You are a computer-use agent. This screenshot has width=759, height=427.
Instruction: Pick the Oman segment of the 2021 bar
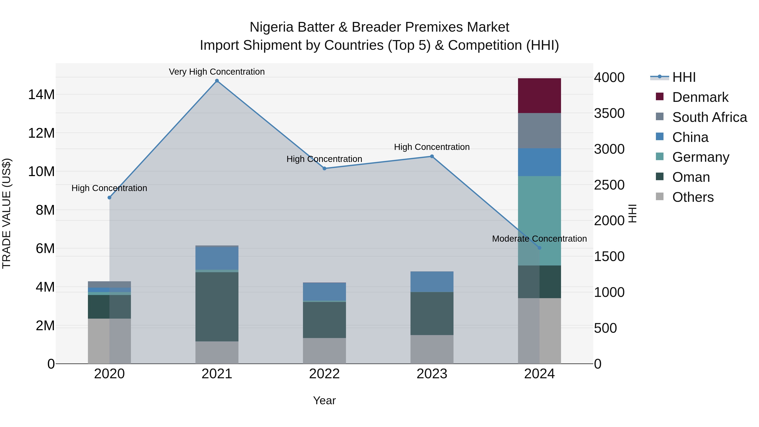pos(217,306)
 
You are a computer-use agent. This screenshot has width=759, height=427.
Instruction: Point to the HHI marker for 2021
pos(217,81)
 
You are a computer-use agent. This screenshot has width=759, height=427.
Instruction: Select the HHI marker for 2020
pos(109,197)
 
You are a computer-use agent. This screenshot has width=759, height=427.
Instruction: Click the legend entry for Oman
pos(691,177)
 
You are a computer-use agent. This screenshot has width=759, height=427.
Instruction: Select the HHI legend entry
pos(684,77)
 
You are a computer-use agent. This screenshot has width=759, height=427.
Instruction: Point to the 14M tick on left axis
pos(41,95)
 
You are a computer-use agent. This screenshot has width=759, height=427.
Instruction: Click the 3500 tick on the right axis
pos(609,113)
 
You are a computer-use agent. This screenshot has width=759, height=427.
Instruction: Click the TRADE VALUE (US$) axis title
pos(7,213)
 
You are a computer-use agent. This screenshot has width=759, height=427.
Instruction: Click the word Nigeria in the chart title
pos(271,27)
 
